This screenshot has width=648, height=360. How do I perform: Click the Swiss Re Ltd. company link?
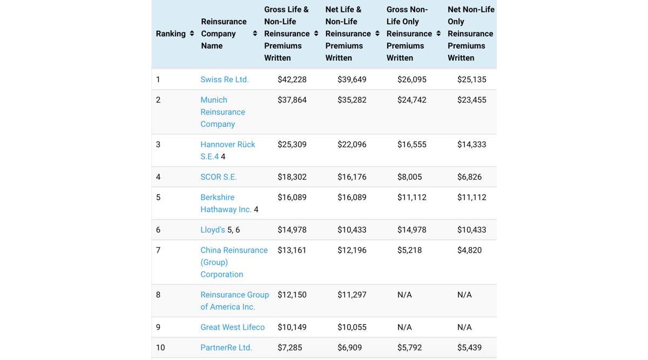pos(224,79)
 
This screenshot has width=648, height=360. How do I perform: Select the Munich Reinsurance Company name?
pos(222,112)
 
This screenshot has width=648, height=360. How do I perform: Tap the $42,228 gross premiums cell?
pos(292,79)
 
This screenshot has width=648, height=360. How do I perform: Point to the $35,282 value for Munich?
pos(352,100)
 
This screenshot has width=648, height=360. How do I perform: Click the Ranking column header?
pos(171,33)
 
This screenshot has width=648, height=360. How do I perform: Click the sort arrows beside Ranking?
pos(192,33)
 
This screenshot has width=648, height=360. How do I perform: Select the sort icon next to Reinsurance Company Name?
pos(255,33)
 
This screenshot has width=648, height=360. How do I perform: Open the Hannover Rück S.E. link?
pos(227,150)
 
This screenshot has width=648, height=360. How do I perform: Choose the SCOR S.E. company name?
pos(218,177)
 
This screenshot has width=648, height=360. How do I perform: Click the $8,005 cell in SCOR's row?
pos(409,177)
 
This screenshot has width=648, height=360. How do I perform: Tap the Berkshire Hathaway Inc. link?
pos(226,203)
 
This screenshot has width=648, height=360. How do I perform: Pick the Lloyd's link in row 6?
pos(213,230)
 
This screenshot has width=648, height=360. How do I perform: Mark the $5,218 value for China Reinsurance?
pos(409,250)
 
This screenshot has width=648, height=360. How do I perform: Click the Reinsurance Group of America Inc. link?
pos(234,301)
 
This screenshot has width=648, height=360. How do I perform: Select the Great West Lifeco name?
pos(232,327)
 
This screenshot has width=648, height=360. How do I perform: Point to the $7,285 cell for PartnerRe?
pos(289,348)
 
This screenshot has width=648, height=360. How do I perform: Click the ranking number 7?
pos(158,250)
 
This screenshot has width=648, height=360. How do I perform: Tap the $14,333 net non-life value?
pos(471,145)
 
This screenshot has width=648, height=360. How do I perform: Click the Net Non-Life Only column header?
pos(470,33)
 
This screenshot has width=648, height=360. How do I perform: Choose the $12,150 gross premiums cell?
pos(292,295)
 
